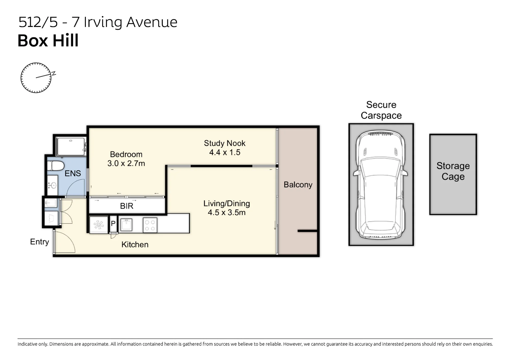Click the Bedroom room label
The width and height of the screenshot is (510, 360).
pos(126,154)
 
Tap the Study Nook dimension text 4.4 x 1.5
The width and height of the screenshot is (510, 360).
pos(225,152)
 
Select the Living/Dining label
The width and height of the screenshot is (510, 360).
pos(226,204)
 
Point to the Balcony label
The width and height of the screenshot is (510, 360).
pos(298,185)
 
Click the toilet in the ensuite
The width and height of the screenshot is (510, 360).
pos(56,166)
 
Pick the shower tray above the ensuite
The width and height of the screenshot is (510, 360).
pos(71,146)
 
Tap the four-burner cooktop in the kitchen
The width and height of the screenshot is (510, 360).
pos(150,225)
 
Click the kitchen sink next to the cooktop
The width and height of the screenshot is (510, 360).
pos(126,225)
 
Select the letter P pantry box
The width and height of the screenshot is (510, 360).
pos(113,224)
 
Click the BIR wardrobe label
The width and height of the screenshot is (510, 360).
pos(126,206)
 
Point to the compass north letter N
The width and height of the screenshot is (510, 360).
pos(54,73)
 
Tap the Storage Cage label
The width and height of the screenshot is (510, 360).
pos(453,171)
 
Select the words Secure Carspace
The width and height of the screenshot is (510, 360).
pos(381,110)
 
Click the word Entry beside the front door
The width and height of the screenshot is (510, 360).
pos(40,242)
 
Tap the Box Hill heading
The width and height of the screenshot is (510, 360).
pos(48,41)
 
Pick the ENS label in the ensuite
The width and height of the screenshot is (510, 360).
pos(73,174)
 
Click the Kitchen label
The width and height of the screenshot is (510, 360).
pos(135,245)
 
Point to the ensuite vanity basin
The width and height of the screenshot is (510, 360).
pos(53,185)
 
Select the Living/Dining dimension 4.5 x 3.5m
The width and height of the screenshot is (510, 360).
pos(226,212)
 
